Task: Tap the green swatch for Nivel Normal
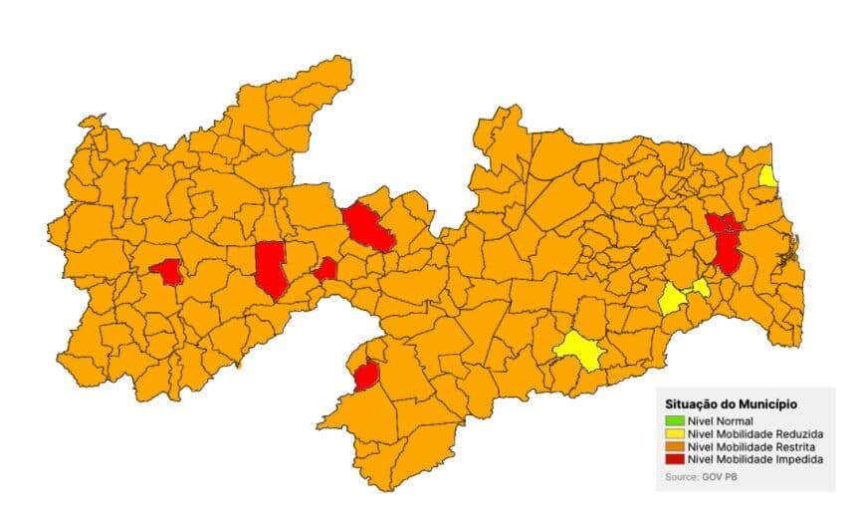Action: (x=675, y=421)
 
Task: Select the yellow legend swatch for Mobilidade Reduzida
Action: (x=675, y=434)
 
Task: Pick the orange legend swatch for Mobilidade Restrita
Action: (x=675, y=447)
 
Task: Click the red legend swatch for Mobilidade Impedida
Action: (x=675, y=460)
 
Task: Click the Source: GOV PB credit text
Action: (x=701, y=478)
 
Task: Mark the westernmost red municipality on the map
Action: (x=167, y=271)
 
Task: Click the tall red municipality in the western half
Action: (x=270, y=268)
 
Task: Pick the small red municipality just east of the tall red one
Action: (x=324, y=269)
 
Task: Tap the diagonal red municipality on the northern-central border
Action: (x=367, y=227)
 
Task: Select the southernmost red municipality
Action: (x=366, y=375)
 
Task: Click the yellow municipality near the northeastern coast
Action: (x=767, y=177)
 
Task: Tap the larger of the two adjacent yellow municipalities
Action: (x=672, y=298)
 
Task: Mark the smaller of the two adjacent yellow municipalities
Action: (x=702, y=287)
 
